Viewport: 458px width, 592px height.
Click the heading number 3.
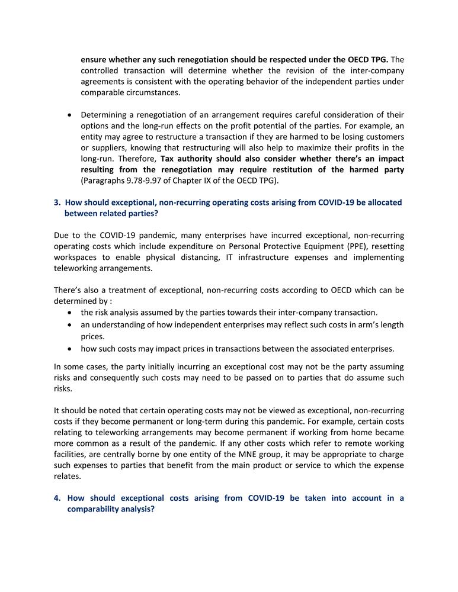click(x=56, y=202)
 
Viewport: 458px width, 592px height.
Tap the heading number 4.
click(x=57, y=498)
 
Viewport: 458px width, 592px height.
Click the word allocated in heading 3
click(x=383, y=202)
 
